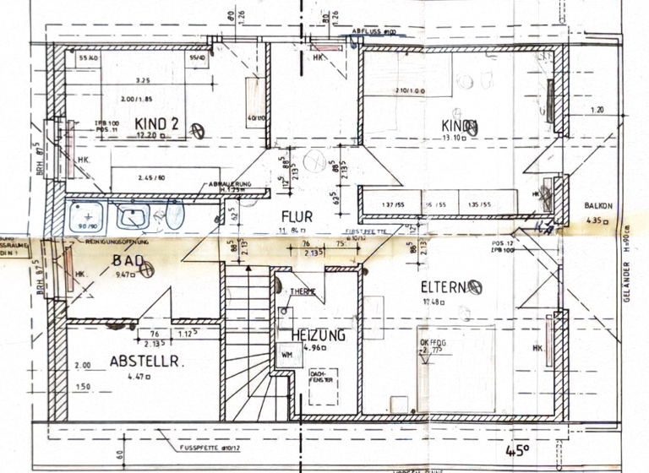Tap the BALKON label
(599, 206)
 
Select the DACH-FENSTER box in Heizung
(320, 378)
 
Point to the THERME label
(303, 291)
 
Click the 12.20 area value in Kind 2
(147, 134)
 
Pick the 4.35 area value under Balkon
(597, 221)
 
